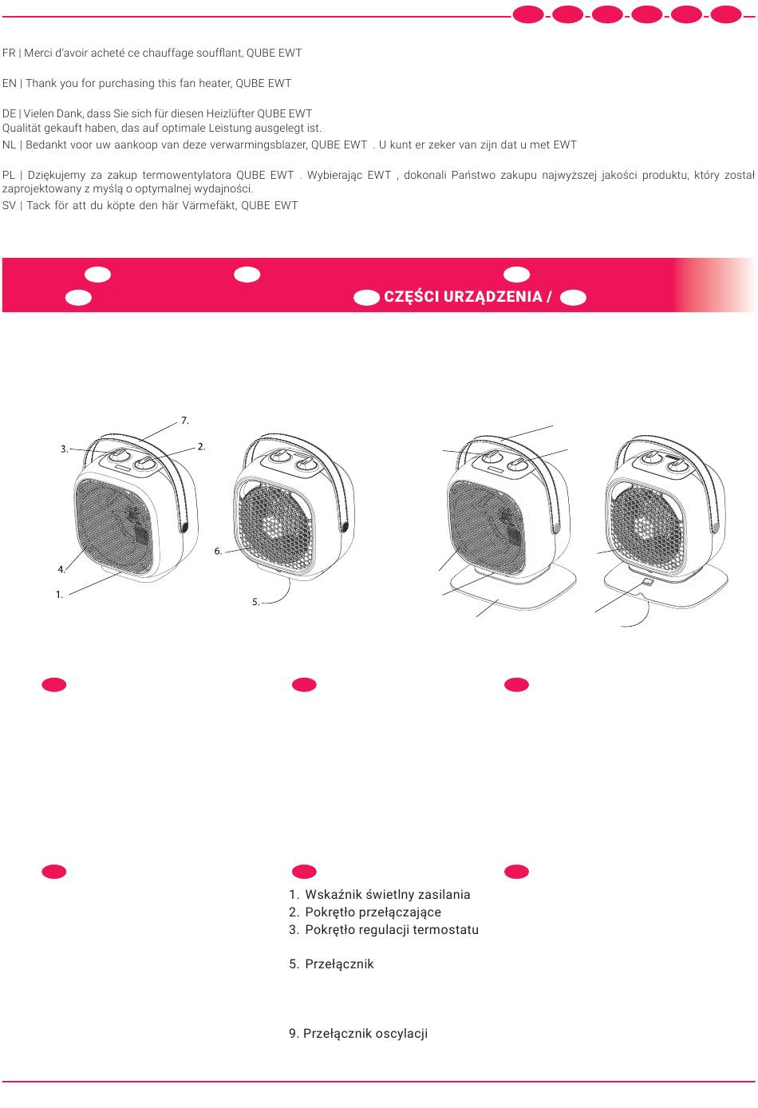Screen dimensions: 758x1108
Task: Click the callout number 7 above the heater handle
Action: tap(184, 421)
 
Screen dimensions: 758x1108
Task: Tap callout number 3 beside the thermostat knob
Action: tap(65, 449)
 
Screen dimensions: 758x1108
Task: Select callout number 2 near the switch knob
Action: tap(201, 447)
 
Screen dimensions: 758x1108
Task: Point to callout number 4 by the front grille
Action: tap(61, 569)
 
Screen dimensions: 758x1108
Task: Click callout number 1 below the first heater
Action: tap(59, 595)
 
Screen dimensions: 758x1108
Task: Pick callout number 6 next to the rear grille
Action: tap(218, 551)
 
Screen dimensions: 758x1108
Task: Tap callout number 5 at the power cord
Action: tap(255, 602)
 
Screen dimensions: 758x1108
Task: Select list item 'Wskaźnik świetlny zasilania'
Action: tap(379, 894)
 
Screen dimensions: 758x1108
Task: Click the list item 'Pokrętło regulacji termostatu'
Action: tap(384, 929)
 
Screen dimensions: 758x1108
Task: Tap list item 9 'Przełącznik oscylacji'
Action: tap(358, 1033)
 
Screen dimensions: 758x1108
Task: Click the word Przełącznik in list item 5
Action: tap(339, 964)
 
